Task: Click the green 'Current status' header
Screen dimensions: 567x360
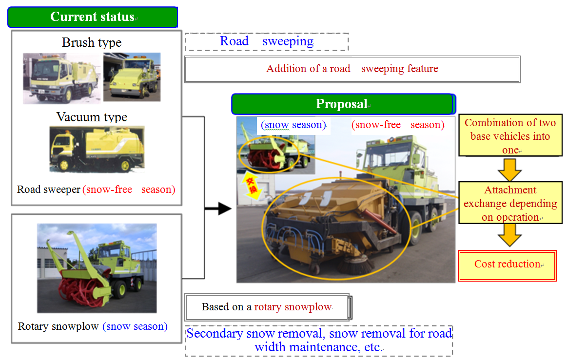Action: (93, 17)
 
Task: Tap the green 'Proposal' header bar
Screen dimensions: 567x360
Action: (343, 104)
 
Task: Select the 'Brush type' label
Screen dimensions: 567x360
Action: (92, 43)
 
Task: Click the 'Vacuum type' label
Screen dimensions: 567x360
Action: (92, 117)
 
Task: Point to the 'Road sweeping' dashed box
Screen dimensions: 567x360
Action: (267, 41)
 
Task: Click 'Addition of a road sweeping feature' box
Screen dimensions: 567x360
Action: (352, 69)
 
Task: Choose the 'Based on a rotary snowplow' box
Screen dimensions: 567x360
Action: (268, 307)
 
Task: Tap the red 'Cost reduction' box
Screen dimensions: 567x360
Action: (508, 265)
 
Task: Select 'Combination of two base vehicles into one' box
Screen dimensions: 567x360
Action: (510, 135)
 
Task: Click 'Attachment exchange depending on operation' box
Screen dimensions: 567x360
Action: (510, 203)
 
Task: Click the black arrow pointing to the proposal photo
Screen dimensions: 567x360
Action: (218, 208)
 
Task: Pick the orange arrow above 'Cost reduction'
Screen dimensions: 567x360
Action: (509, 235)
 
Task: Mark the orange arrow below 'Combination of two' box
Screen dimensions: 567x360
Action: (509, 170)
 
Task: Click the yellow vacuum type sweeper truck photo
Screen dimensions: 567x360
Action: (97, 149)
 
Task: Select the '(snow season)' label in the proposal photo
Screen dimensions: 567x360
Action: (293, 125)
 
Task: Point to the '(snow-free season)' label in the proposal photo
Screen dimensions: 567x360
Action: (398, 125)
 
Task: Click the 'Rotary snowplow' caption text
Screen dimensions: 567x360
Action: (58, 326)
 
